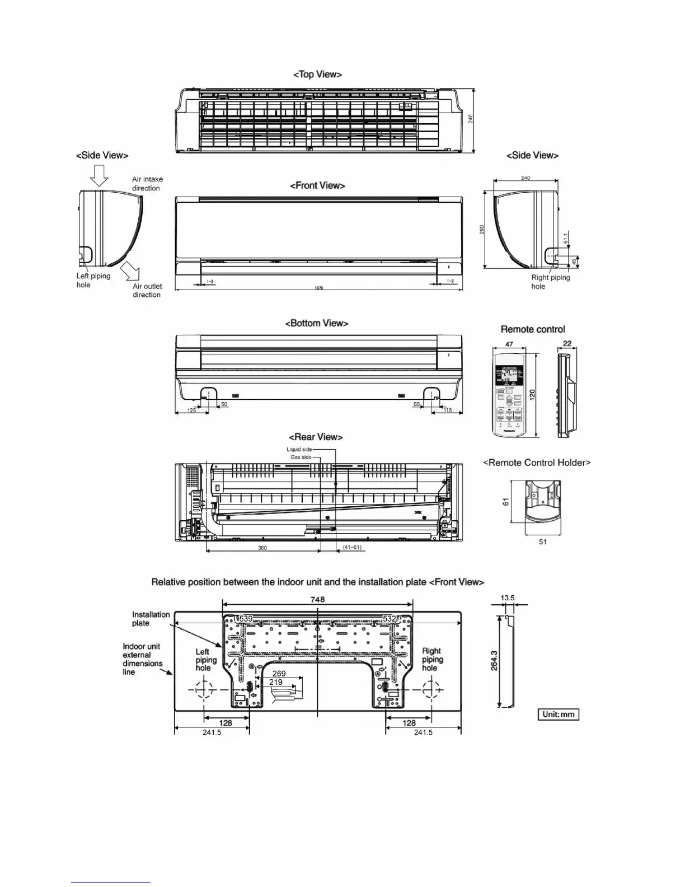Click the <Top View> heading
pos(317,74)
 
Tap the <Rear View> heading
pos(316,437)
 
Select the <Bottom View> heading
pos(317,323)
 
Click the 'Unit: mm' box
pos(558,715)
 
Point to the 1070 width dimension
pos(318,288)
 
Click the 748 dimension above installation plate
pos(317,599)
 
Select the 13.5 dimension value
pos(508,598)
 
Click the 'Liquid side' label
pos(299,450)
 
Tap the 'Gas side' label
pos(301,457)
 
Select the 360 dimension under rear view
pos(262,548)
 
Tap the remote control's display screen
pos(508,376)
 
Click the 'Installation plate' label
pos(151,619)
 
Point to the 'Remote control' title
pos(533,329)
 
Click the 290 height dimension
pos(482,230)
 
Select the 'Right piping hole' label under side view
pos(550,282)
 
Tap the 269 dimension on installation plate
pos(279,674)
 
